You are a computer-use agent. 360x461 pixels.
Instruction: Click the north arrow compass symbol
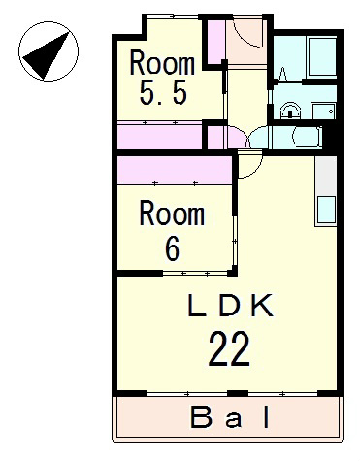[49, 51]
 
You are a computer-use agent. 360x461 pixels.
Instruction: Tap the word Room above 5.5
[162, 63]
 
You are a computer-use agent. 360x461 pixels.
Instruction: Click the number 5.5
[163, 92]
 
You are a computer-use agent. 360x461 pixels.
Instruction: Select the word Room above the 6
[172, 213]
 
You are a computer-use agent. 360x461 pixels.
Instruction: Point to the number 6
[172, 248]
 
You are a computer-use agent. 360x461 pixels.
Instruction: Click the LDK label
[231, 306]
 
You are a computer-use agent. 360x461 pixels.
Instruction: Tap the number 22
[229, 349]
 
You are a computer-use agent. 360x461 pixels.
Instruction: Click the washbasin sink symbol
[290, 111]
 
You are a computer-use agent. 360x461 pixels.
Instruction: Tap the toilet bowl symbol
[307, 137]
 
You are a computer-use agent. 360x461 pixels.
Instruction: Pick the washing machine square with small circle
[323, 111]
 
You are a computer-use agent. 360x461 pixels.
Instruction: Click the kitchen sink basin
[326, 211]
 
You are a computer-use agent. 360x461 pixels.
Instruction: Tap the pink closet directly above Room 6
[175, 168]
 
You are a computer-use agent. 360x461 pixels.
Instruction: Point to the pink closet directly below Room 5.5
[160, 137]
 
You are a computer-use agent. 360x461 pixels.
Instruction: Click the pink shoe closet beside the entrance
[215, 43]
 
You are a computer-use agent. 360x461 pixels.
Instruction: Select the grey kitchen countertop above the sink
[326, 176]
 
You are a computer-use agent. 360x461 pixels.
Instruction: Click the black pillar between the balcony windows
[238, 394]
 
